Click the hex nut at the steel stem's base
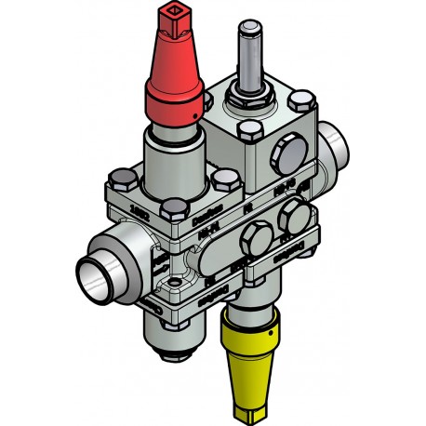click(x=251, y=92)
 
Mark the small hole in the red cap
click(x=194, y=113)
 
